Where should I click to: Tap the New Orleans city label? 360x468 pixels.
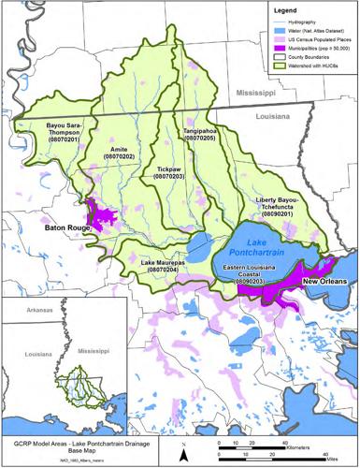321,282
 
